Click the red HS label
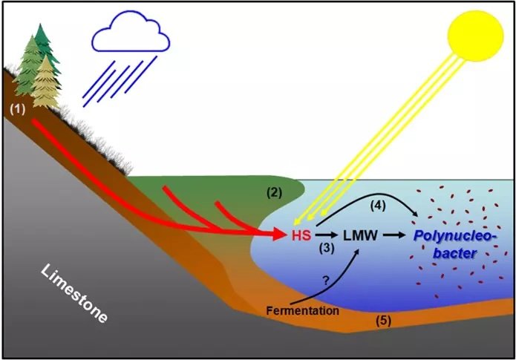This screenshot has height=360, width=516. point(301,235)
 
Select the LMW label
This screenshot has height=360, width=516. point(362,236)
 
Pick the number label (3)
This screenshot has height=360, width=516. point(324,250)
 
